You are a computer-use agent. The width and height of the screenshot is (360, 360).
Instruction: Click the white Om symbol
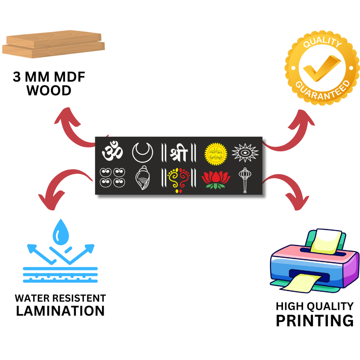click(x=112, y=152)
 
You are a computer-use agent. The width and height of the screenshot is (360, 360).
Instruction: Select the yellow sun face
click(x=216, y=153)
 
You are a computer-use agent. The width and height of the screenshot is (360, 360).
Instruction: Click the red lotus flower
click(x=216, y=179)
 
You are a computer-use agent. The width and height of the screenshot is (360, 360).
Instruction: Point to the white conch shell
click(x=142, y=178)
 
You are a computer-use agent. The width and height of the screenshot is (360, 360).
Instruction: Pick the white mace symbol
click(x=244, y=179)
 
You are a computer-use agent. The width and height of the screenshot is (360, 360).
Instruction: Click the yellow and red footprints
click(x=179, y=179)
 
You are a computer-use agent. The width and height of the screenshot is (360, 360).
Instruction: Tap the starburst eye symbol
click(x=245, y=153)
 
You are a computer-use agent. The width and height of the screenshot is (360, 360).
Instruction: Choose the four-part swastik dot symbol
click(x=112, y=177)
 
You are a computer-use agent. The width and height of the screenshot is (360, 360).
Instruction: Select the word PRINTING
click(x=314, y=321)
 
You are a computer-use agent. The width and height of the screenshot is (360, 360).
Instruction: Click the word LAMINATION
click(x=60, y=311)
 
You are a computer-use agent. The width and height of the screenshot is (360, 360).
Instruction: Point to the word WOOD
click(x=49, y=91)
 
